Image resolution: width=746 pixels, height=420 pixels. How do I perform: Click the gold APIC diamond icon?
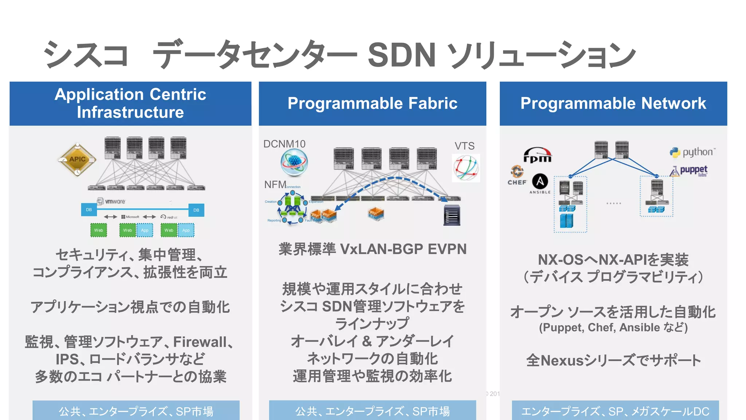(x=77, y=159)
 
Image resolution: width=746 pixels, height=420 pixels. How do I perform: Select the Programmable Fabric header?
(x=372, y=104)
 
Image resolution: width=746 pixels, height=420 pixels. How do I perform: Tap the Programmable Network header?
(x=613, y=104)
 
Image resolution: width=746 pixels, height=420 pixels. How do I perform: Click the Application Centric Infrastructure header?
(x=130, y=104)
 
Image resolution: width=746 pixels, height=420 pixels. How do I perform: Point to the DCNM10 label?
(x=284, y=144)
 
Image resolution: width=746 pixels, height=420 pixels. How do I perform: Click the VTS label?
(x=464, y=146)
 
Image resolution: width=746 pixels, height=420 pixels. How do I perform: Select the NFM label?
(x=275, y=184)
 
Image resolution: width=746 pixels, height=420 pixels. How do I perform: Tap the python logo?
(x=692, y=152)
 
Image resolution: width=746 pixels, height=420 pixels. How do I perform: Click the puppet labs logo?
(x=689, y=171)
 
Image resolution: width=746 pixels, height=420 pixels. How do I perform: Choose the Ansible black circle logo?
(x=540, y=181)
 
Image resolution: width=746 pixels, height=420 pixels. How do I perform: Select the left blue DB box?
(x=89, y=210)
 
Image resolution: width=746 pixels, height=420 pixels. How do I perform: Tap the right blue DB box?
(x=196, y=210)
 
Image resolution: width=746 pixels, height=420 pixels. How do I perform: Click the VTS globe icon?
(x=466, y=168)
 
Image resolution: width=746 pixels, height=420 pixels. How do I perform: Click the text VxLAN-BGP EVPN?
(x=403, y=249)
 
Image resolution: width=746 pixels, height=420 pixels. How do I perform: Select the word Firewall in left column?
(x=200, y=342)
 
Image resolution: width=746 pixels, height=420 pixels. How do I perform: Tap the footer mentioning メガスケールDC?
(x=615, y=411)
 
